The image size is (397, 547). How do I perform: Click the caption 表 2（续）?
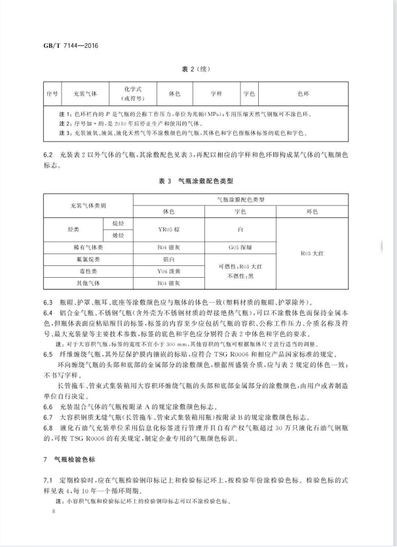(197, 67)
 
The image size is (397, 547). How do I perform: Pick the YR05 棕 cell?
(168, 230)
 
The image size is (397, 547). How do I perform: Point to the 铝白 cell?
(168, 259)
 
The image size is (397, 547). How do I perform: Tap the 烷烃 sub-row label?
(117, 223)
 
